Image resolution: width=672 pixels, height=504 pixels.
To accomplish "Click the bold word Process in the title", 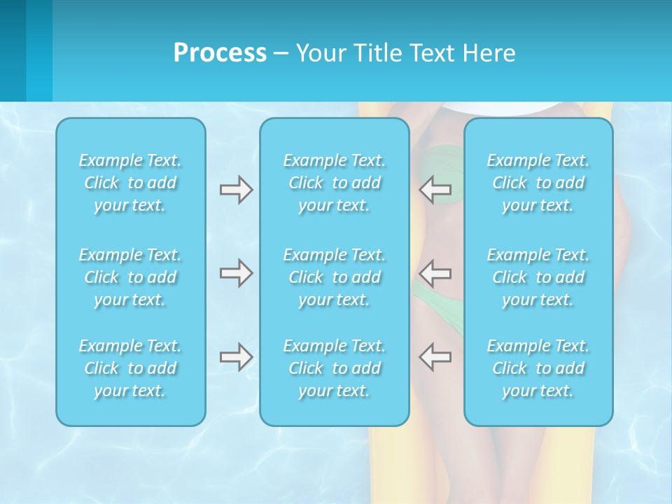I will coord(220,53).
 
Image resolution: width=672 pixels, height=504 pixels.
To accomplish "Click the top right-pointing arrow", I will coord(236,190).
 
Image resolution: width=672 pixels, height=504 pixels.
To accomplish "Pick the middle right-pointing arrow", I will coord(236,273).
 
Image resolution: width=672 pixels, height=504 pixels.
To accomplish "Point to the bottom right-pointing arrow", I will coord(236,357).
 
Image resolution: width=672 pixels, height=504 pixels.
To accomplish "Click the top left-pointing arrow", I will coord(435,190).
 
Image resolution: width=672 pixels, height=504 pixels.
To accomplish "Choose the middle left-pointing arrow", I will coord(435,273).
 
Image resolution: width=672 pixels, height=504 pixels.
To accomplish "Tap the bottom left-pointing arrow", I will coord(435,357).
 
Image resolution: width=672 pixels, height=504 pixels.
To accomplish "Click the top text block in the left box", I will coord(130,183).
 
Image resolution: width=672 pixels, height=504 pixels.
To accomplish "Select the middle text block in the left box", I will coord(130,277).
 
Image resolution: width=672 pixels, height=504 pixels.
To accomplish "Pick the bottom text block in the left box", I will coord(130,368).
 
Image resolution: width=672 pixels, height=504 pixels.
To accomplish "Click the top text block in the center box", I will coord(334,183).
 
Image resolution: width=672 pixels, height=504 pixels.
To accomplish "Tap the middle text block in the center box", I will coord(334,277).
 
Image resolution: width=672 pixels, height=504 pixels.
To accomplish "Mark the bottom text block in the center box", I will coord(334,368).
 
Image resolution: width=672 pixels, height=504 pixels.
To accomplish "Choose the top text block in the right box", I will coord(538,183).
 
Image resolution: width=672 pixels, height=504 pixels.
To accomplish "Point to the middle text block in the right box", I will coord(538,277).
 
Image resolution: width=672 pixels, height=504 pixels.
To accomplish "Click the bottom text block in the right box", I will coord(538,368).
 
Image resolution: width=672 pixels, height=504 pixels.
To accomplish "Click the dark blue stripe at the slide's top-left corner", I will coord(13,49).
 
